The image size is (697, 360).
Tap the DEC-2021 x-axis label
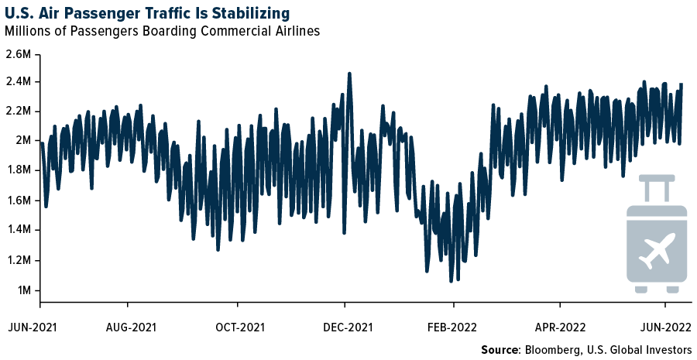(x=348, y=327)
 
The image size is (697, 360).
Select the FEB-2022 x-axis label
(x=453, y=327)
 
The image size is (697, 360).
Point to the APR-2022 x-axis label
(x=558, y=327)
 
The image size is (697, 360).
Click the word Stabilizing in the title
(x=245, y=13)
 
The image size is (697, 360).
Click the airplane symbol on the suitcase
(x=657, y=250)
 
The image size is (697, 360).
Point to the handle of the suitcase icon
(x=657, y=186)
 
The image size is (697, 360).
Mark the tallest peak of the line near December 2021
(x=349, y=74)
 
